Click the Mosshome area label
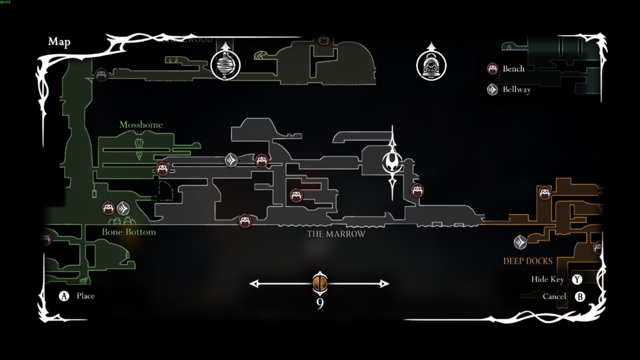coord(141,125)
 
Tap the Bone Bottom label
coord(129,232)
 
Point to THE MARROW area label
coord(336,234)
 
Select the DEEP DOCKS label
coord(528,261)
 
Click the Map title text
coord(59,42)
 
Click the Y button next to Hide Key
coord(577,279)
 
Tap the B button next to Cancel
coord(580,296)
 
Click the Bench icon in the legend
coord(492,69)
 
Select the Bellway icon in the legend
coord(492,89)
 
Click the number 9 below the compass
coord(320,304)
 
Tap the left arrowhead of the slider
coord(254,284)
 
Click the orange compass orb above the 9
coord(320,283)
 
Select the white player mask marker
coord(392,162)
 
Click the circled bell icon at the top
coord(431,65)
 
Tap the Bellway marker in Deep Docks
coord(520,242)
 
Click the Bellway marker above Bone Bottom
coord(123,209)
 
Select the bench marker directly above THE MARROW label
coord(296,195)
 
